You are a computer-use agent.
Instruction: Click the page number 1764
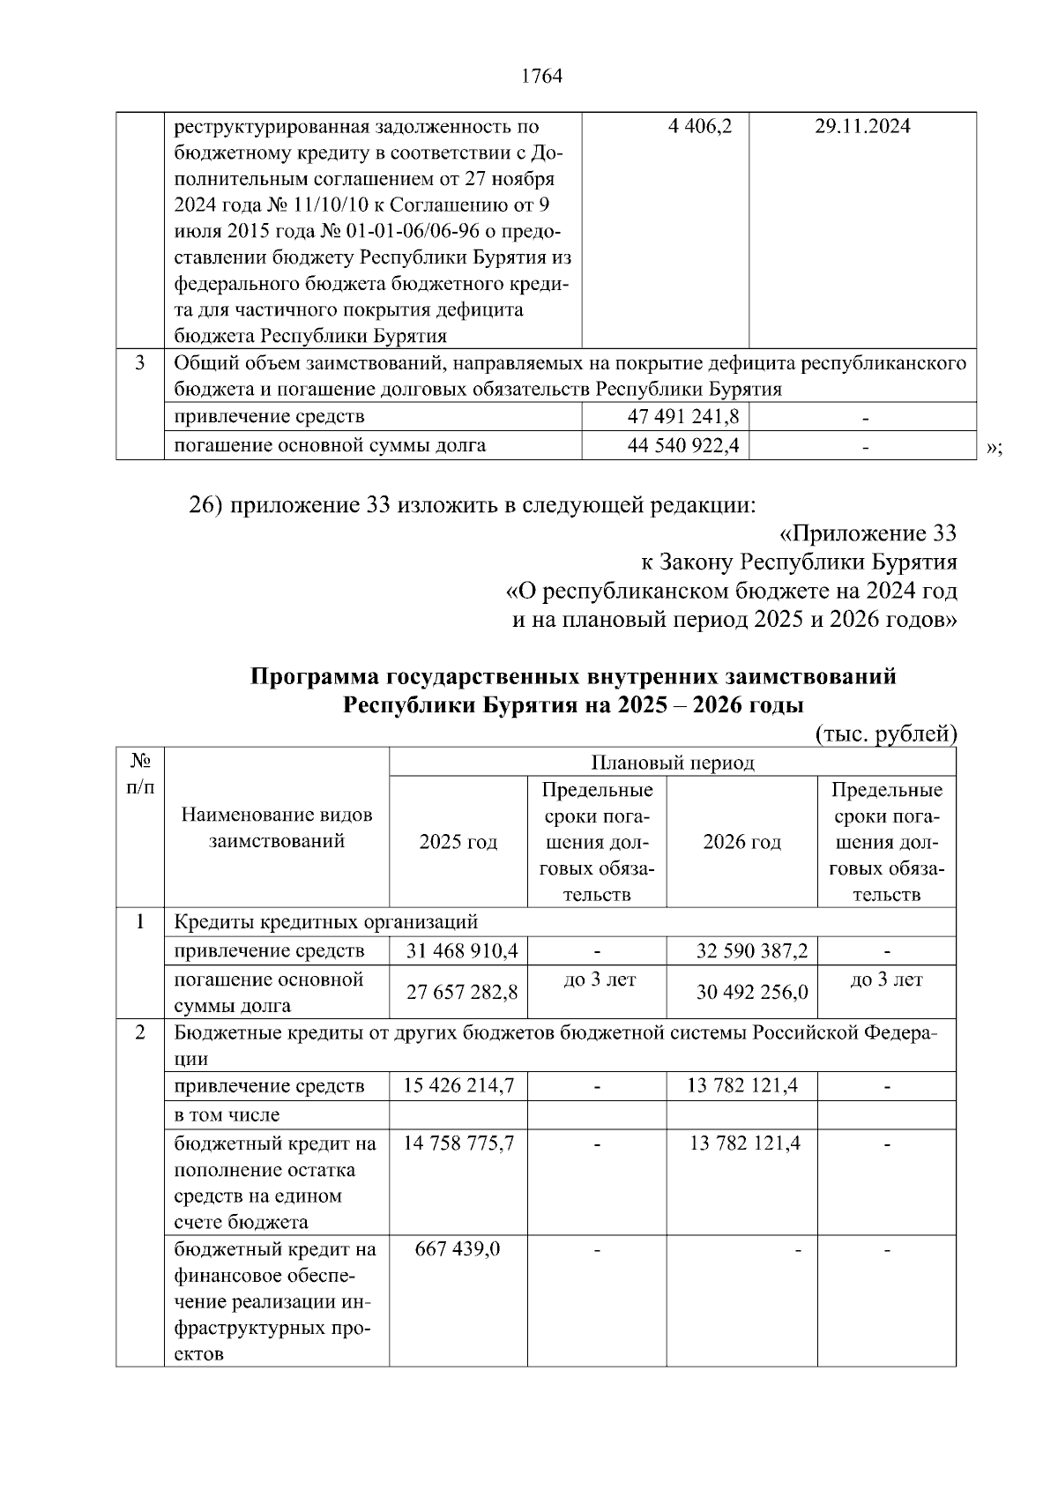click(x=541, y=77)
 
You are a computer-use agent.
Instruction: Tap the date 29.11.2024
click(x=862, y=127)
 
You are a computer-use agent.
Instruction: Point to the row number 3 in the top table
click(x=139, y=363)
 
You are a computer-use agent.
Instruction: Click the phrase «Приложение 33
click(x=868, y=533)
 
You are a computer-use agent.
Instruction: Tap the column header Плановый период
click(x=672, y=763)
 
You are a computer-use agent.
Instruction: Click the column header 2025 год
click(x=458, y=842)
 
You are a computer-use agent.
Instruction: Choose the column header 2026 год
click(x=741, y=842)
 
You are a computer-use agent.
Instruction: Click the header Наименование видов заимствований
click(x=277, y=828)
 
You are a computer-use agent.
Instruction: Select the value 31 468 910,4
click(x=462, y=950)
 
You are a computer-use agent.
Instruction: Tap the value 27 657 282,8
click(x=462, y=992)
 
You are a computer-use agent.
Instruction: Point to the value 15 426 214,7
click(x=458, y=1085)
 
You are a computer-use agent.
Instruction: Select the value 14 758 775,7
click(x=458, y=1143)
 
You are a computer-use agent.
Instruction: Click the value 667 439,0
click(x=458, y=1249)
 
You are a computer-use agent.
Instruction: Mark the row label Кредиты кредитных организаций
click(x=326, y=922)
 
